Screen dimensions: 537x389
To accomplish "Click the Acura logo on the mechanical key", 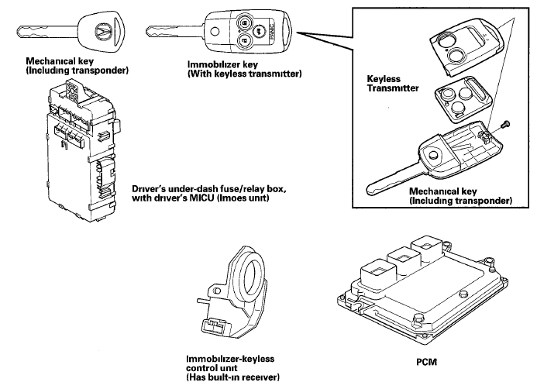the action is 102,33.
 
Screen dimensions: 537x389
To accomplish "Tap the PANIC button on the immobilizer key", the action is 272,32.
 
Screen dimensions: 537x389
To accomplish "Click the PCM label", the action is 426,362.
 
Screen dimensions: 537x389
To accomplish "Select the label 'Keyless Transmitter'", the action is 392,83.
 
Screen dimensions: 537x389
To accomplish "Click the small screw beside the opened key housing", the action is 504,124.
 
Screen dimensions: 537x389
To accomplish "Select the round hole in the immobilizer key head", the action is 215,32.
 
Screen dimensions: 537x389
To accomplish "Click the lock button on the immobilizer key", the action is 244,22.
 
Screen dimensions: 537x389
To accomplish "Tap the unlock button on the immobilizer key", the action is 244,41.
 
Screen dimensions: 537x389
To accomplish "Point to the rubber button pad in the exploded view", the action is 463,99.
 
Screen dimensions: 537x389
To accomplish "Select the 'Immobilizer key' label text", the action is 222,64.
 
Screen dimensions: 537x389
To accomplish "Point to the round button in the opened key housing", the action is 434,155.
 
